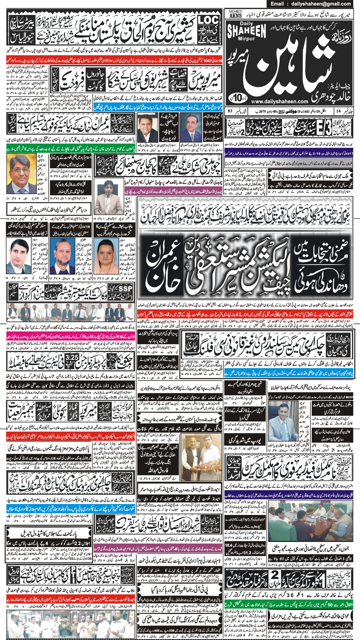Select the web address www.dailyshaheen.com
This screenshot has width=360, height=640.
pyautogui.click(x=274, y=102)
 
